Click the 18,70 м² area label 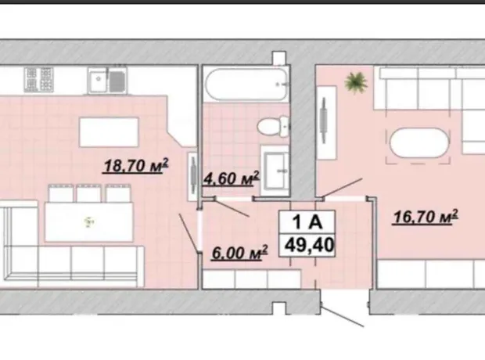point(135,166)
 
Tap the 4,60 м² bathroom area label point(231,179)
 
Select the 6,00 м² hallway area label point(239,253)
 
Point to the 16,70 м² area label point(425,216)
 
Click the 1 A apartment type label point(307,221)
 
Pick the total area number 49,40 point(309,245)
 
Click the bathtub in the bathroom point(246,85)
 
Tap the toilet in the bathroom point(273,126)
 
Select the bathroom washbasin point(275,171)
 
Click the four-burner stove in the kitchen point(39,80)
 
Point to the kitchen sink point(107,80)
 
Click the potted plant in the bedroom point(356,82)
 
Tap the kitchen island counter point(109,132)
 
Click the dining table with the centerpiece point(89,221)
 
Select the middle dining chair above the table point(88,193)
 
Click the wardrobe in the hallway point(252,279)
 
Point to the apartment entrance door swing point(342,316)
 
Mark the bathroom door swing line point(232,208)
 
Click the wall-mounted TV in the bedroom point(324,120)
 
